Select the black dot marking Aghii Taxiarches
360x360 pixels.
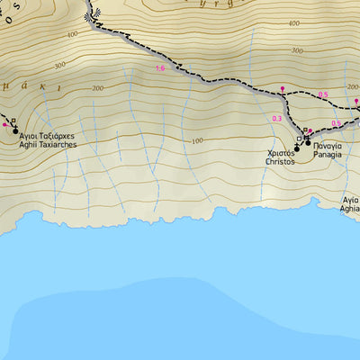click(x=15, y=130)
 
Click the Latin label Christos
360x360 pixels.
click(x=281, y=162)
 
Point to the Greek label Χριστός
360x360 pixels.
click(x=281, y=154)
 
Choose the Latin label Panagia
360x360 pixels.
click(x=327, y=154)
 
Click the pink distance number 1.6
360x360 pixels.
click(x=160, y=68)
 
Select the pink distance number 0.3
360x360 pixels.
click(x=276, y=119)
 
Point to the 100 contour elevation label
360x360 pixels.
click(x=196, y=141)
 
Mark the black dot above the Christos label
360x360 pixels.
click(x=298, y=148)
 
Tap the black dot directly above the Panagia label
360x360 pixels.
click(x=307, y=142)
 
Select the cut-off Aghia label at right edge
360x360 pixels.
click(x=349, y=204)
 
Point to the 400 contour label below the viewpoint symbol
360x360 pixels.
click(x=72, y=33)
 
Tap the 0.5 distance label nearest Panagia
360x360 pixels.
click(x=336, y=123)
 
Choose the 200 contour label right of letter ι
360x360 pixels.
click(x=97, y=88)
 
